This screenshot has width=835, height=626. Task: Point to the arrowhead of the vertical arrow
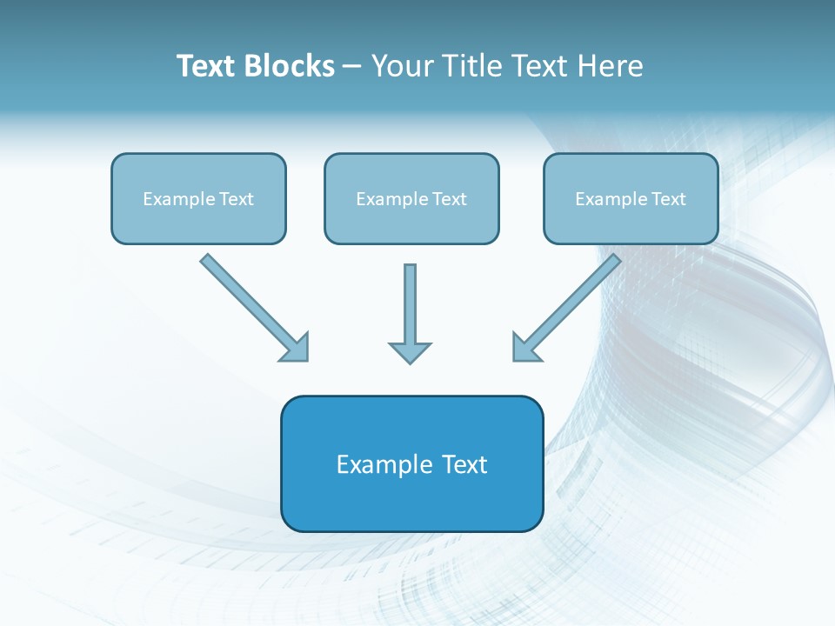point(410,352)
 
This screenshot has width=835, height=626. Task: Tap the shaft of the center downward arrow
point(410,300)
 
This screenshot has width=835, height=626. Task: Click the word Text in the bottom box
point(464,464)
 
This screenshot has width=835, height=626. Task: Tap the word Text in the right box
point(669,199)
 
